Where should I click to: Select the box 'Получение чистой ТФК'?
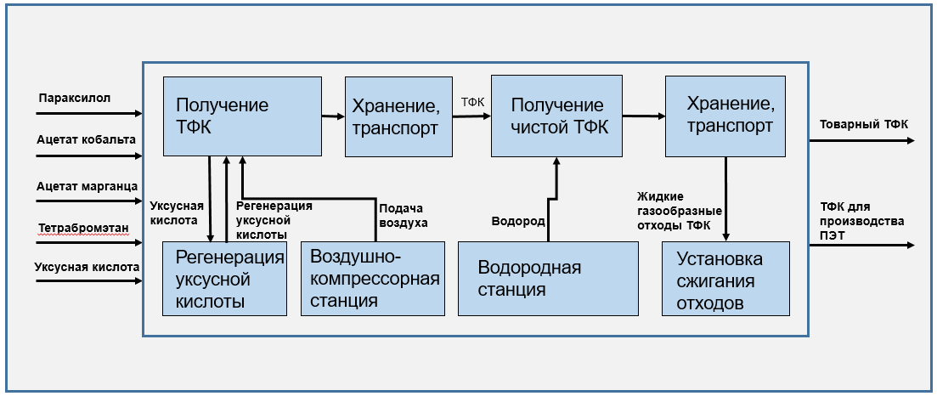pyautogui.click(x=557, y=116)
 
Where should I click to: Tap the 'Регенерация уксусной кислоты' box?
pyautogui.click(x=224, y=278)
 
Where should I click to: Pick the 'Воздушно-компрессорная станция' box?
pyautogui.click(x=373, y=278)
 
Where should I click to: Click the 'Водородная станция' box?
pyautogui.click(x=548, y=278)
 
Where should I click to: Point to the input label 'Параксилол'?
pyautogui.click(x=75, y=99)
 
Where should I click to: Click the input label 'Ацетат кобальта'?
pyautogui.click(x=86, y=139)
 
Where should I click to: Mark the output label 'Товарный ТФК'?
pyautogui.click(x=863, y=125)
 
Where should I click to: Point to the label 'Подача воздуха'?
pyautogui.click(x=403, y=216)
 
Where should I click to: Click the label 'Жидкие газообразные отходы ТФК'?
pyautogui.click(x=679, y=211)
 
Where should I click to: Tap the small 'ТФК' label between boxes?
pyautogui.click(x=472, y=102)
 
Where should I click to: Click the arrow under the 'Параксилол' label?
pyautogui.click(x=89, y=113)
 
